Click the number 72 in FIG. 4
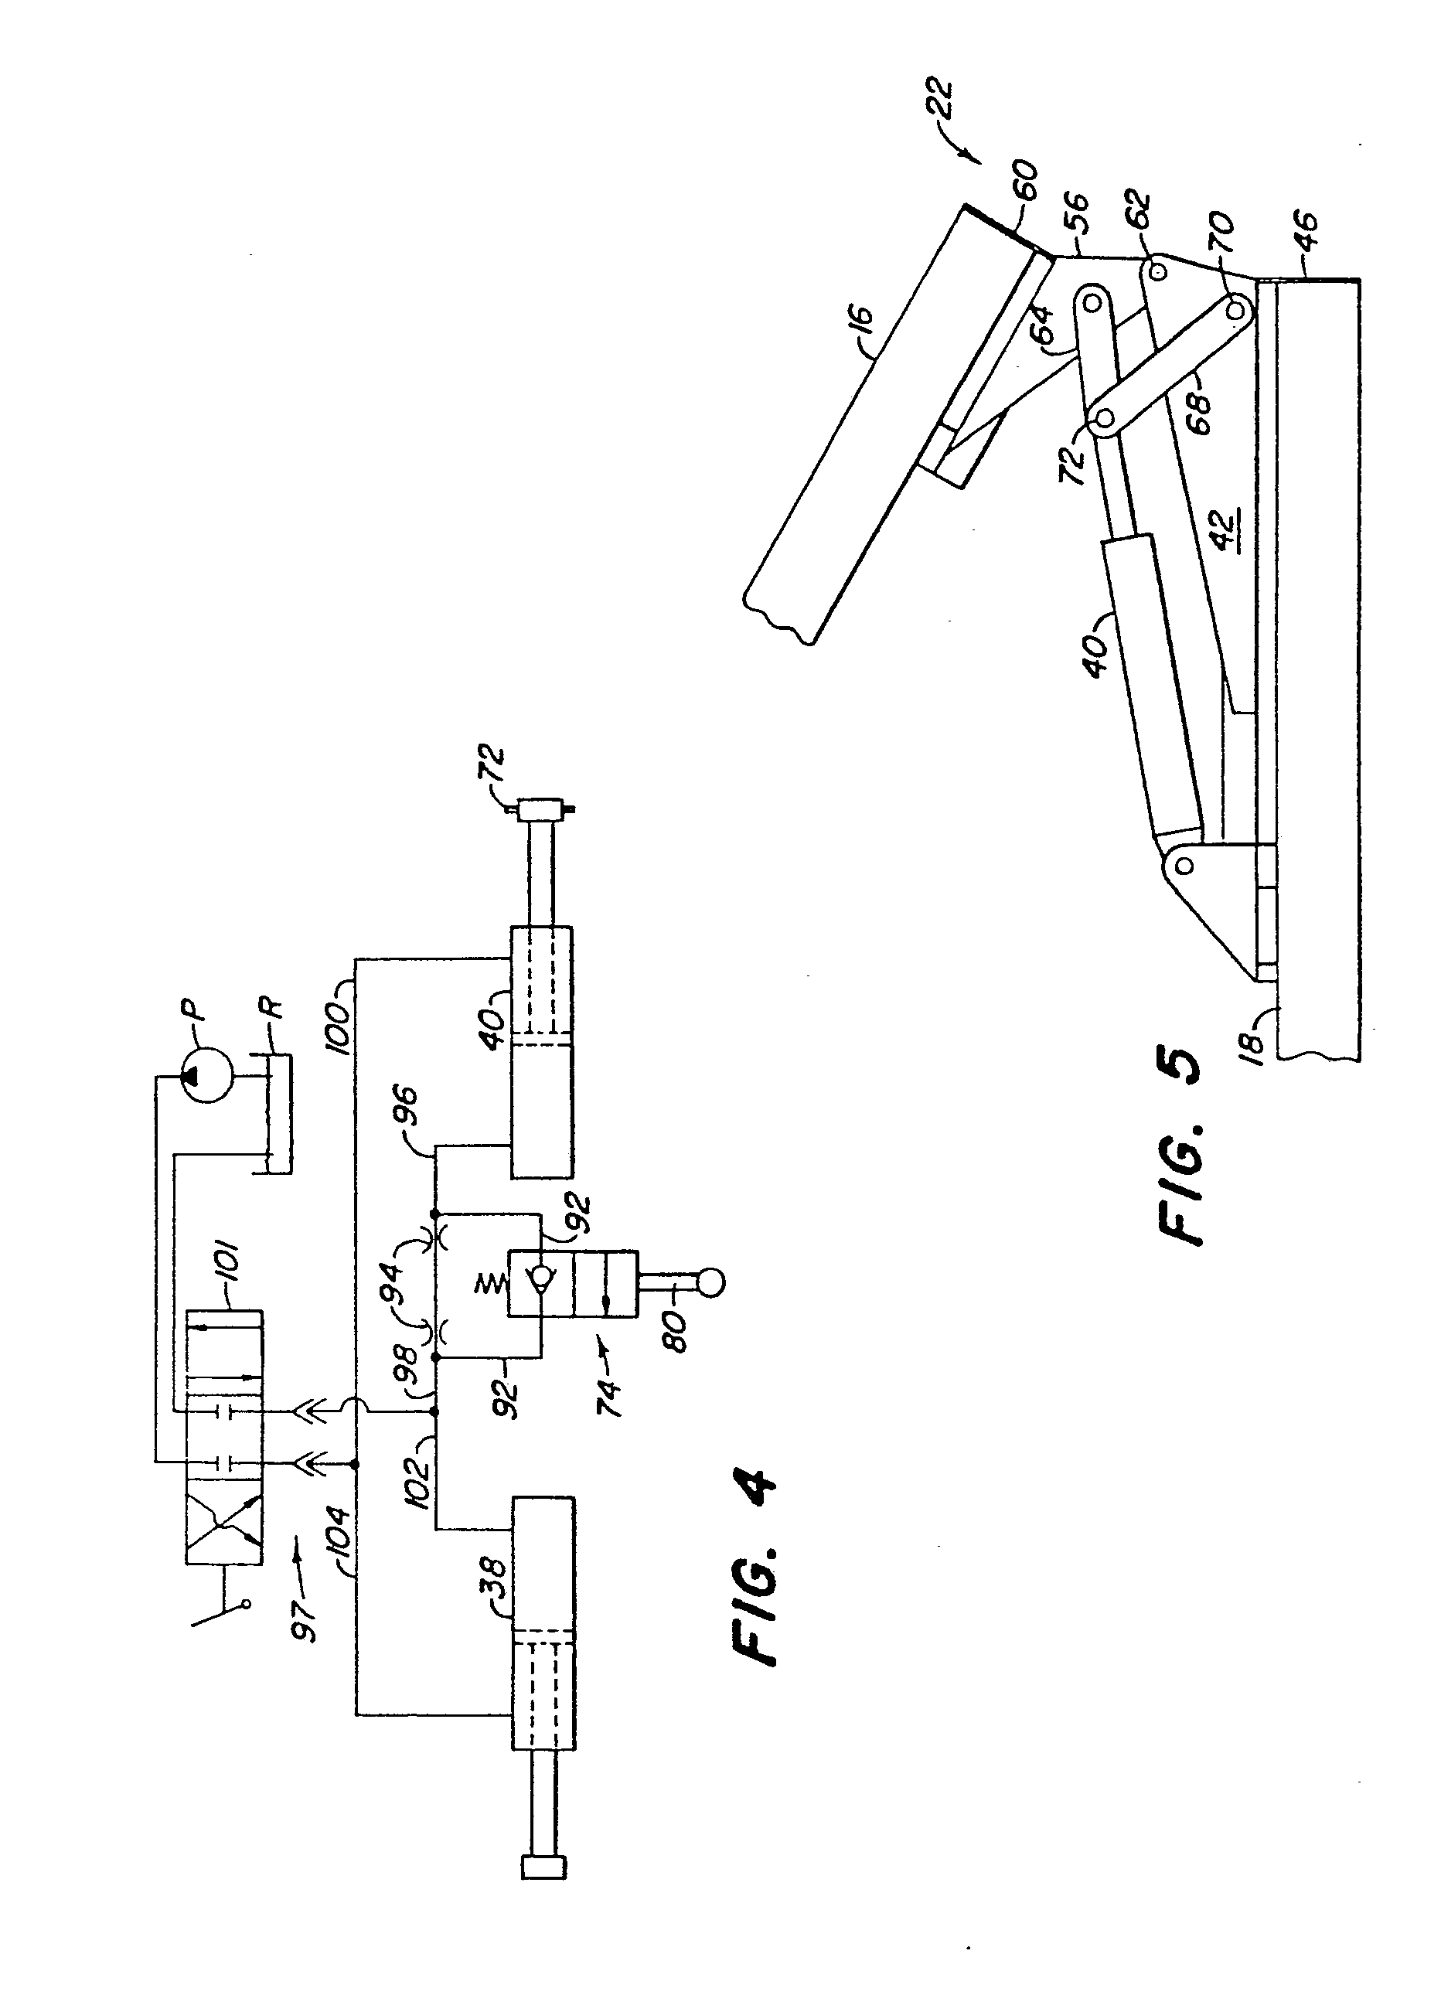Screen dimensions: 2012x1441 [x=493, y=768]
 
